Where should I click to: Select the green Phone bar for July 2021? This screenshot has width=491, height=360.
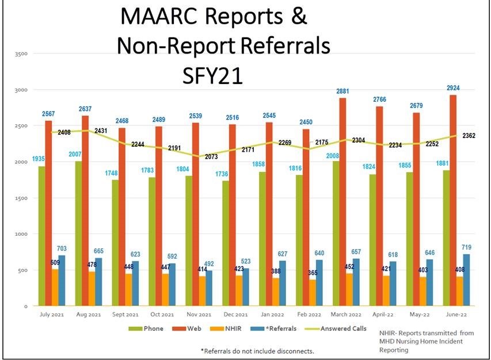coord(41,236)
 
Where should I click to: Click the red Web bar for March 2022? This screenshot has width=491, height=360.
coord(342,201)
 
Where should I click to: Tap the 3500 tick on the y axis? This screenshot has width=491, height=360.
coord(22,54)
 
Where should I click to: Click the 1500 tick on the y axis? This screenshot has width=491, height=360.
coord(22,198)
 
